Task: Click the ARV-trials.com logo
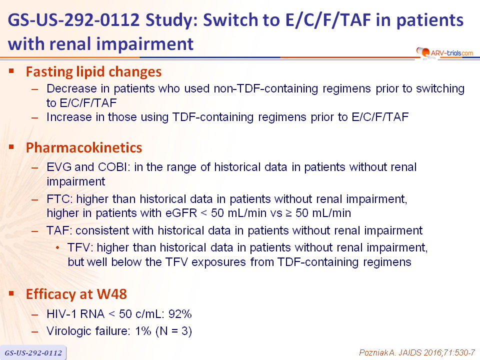click(x=444, y=53)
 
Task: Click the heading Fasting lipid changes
click(x=93, y=72)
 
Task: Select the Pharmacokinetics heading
click(x=84, y=147)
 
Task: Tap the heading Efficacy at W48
click(x=76, y=294)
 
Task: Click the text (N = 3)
click(x=173, y=331)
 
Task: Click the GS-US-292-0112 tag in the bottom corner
click(x=33, y=353)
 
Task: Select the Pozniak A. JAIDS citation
click(x=417, y=352)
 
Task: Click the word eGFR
click(x=181, y=213)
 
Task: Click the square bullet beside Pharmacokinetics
click(x=11, y=147)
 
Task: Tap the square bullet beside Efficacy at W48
click(x=11, y=293)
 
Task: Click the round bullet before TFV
click(x=58, y=247)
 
